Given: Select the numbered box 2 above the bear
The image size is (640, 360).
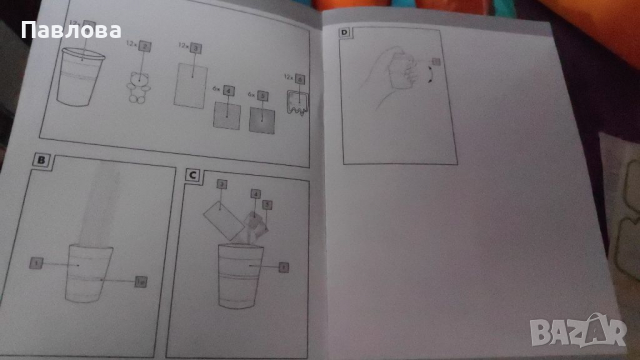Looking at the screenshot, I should point(144,46).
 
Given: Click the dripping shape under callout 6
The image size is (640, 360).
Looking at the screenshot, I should point(295,105).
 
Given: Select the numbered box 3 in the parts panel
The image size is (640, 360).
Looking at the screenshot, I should point(195,48).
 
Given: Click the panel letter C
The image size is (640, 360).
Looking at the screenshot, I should point(192,174).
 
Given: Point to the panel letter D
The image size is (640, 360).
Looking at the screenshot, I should point(346,34).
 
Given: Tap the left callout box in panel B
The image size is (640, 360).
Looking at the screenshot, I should point(36,262).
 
